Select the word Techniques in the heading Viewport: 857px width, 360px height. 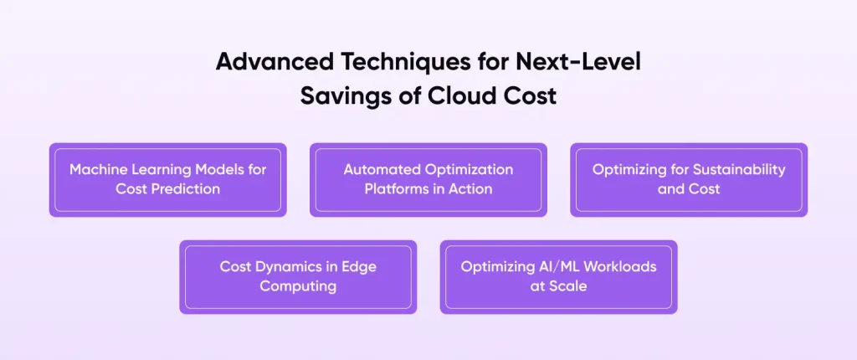tap(401, 62)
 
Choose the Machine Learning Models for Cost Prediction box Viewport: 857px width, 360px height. tap(167, 180)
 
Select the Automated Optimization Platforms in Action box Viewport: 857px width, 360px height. tap(428, 180)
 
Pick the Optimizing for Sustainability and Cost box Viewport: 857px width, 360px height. tap(689, 180)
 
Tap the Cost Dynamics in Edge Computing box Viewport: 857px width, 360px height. tap(298, 277)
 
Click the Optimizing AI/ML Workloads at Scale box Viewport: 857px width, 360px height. tap(558, 277)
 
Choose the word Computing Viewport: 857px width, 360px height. tap(298, 286)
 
